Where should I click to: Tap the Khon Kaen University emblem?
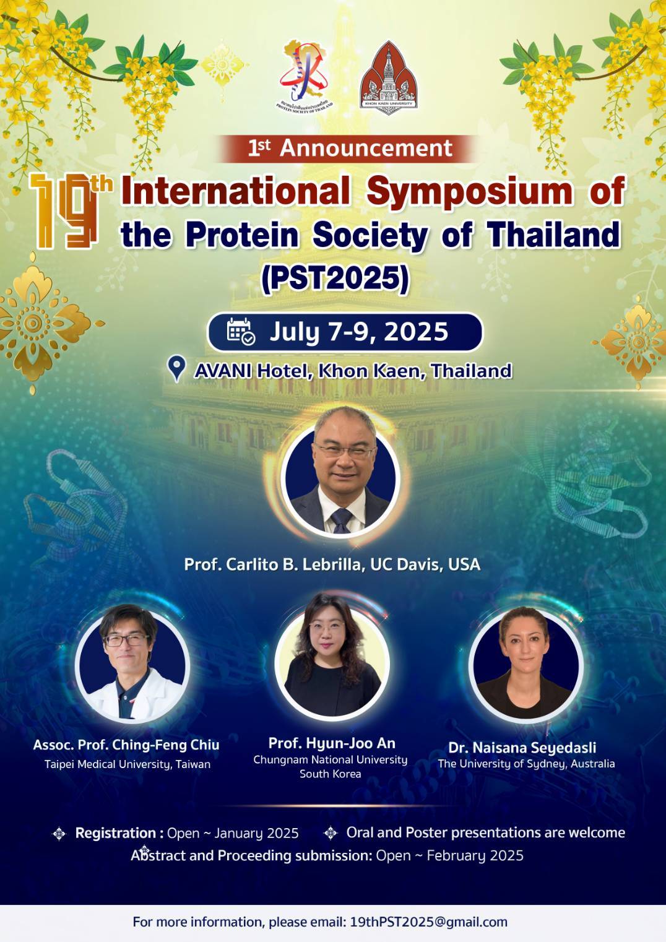(389, 78)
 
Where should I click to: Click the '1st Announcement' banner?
(350, 148)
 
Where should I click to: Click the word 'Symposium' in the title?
(469, 192)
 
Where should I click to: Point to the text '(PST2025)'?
(335, 280)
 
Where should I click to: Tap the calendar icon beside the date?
(241, 331)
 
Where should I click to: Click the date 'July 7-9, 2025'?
(358, 332)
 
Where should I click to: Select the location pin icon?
(176, 369)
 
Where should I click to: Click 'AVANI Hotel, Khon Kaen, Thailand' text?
(353, 371)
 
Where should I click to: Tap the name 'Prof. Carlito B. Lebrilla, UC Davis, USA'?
(332, 564)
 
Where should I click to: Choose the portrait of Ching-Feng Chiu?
(132, 662)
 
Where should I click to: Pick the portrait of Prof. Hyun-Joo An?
(332, 657)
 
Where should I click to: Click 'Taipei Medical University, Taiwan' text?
(128, 764)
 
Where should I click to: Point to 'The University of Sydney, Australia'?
(526, 764)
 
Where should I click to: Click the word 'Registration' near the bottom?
(116, 833)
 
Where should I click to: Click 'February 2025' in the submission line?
(475, 855)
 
